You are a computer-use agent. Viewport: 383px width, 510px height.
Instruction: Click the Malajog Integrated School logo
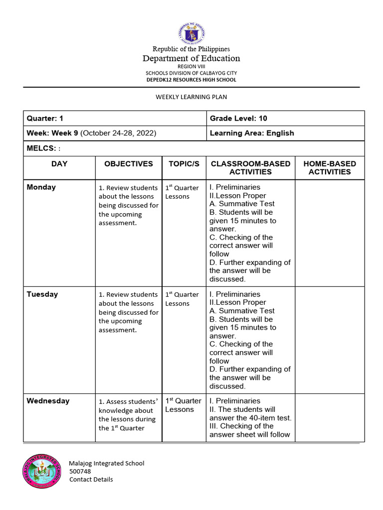coord(41,471)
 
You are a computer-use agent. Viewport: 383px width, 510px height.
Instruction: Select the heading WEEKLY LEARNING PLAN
coord(191,97)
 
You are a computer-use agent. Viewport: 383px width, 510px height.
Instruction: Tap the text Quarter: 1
coord(45,119)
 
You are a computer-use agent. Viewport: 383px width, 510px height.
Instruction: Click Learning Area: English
coord(252,133)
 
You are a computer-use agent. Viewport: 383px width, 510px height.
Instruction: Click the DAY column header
coord(59,164)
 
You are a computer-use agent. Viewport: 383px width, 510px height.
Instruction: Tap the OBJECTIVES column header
coord(129,164)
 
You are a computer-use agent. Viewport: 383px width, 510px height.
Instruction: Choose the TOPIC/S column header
coord(184,164)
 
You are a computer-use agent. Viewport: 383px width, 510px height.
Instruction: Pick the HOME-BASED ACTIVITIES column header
coord(330,168)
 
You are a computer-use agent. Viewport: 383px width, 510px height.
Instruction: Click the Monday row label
coord(41,187)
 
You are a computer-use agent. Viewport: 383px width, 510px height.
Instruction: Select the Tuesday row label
coord(42,294)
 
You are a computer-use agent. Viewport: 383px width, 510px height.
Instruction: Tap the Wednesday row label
coord(48,401)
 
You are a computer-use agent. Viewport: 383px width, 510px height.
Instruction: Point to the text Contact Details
coord(91,480)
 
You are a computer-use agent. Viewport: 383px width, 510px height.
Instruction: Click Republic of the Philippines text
coord(191,49)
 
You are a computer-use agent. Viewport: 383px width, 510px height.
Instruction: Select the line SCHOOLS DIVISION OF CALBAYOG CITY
coord(191,73)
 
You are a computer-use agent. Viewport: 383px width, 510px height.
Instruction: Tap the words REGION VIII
coord(191,66)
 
